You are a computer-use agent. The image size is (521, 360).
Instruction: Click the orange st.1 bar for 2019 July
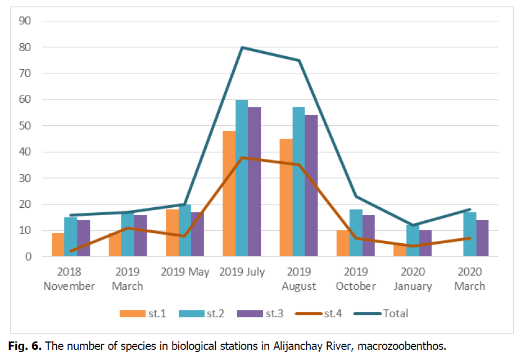tap(229, 194)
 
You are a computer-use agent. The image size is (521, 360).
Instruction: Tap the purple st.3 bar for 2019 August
tap(311, 186)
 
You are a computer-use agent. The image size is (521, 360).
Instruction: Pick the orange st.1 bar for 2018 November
tap(58, 245)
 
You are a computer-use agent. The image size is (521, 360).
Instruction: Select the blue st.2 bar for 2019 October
tap(356, 233)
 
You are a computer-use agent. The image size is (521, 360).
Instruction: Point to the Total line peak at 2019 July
tap(242, 47)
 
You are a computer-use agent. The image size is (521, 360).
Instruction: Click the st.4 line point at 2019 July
tap(242, 157)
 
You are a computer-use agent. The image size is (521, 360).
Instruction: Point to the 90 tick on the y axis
tap(25, 21)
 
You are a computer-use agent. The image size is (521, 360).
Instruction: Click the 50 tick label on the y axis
tap(25, 126)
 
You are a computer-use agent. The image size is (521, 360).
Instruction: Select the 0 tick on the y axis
tap(28, 257)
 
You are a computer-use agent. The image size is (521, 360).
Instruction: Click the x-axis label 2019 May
tap(185, 272)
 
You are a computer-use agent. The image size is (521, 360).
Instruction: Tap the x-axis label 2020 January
tap(413, 279)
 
